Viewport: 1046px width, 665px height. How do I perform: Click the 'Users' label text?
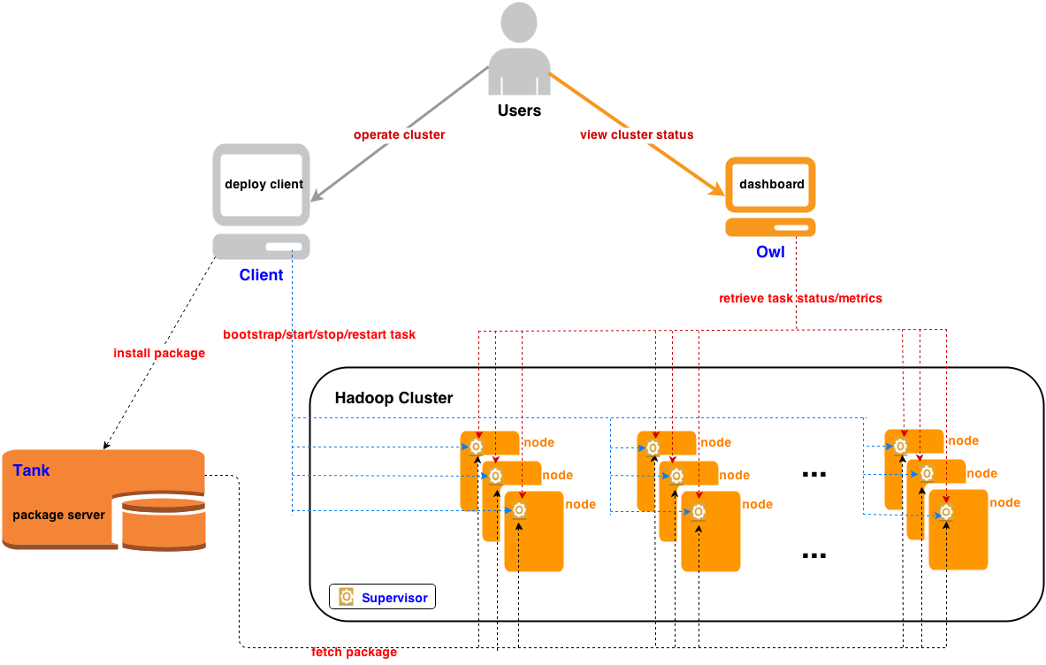click(519, 111)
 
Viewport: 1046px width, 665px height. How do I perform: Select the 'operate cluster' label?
click(399, 135)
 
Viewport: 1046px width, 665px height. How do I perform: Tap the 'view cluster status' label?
click(637, 135)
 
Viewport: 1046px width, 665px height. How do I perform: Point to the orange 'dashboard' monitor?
click(771, 185)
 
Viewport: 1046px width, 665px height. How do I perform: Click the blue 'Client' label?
click(261, 275)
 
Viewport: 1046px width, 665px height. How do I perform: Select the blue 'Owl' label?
click(770, 252)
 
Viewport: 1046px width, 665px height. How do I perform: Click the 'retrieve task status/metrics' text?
click(800, 298)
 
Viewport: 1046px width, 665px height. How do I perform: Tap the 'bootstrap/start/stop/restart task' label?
click(319, 335)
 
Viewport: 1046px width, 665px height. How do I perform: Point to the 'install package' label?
click(159, 354)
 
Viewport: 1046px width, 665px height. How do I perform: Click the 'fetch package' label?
click(354, 653)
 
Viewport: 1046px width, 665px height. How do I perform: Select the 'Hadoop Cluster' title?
click(393, 398)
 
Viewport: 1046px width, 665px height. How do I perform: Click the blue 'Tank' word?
click(32, 470)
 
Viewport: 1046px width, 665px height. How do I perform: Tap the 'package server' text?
click(59, 515)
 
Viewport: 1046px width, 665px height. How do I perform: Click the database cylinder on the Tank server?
click(164, 524)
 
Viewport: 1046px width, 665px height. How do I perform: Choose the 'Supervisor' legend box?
click(383, 597)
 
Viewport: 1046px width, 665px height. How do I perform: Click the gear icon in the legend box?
click(347, 597)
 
